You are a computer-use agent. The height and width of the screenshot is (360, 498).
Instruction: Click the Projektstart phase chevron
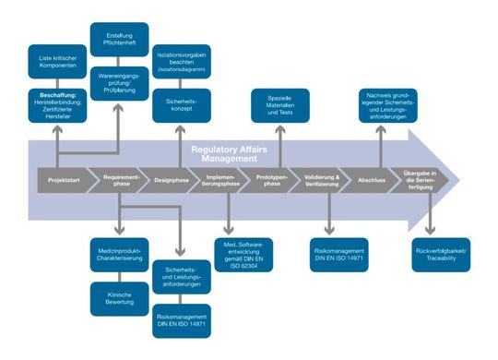pyautogui.click(x=59, y=177)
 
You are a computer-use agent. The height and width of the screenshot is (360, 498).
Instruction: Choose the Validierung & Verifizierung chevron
pyautogui.click(x=326, y=177)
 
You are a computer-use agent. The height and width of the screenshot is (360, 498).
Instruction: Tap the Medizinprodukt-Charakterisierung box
pyautogui.click(x=119, y=255)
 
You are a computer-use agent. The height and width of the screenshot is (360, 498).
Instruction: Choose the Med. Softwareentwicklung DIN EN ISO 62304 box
pyautogui.click(x=243, y=250)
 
